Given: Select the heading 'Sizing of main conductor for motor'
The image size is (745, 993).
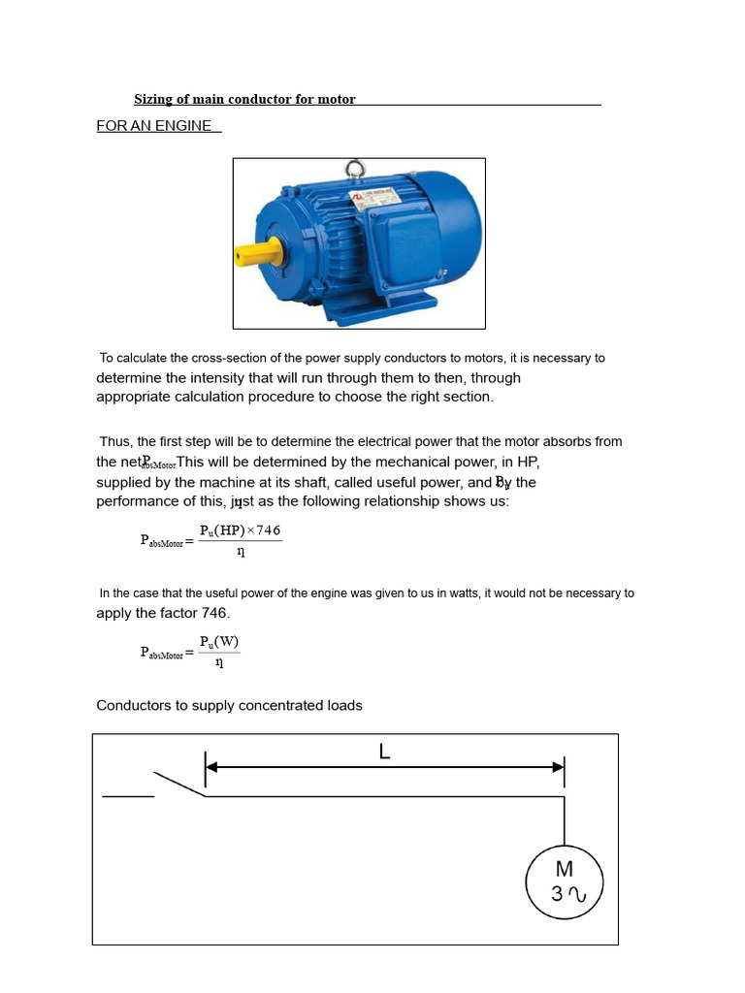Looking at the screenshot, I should click(x=244, y=99).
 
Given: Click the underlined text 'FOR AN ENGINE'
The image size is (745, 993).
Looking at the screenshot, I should click(x=154, y=126).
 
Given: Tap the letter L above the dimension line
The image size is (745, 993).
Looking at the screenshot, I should click(x=385, y=752).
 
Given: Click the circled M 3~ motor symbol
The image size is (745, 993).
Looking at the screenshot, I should click(x=564, y=881).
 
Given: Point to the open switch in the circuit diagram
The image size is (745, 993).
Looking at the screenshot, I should click(x=179, y=785).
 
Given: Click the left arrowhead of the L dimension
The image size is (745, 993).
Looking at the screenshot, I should click(x=212, y=767).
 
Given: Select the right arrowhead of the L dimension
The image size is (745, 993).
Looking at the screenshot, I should click(x=558, y=767).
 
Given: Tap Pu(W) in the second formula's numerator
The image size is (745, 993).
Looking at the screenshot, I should click(x=219, y=642).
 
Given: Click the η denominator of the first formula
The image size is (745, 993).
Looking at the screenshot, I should click(x=240, y=552).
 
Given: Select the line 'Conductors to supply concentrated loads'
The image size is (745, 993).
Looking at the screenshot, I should click(x=229, y=705).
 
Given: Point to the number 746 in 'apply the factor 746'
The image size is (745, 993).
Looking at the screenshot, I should click(x=213, y=613).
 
